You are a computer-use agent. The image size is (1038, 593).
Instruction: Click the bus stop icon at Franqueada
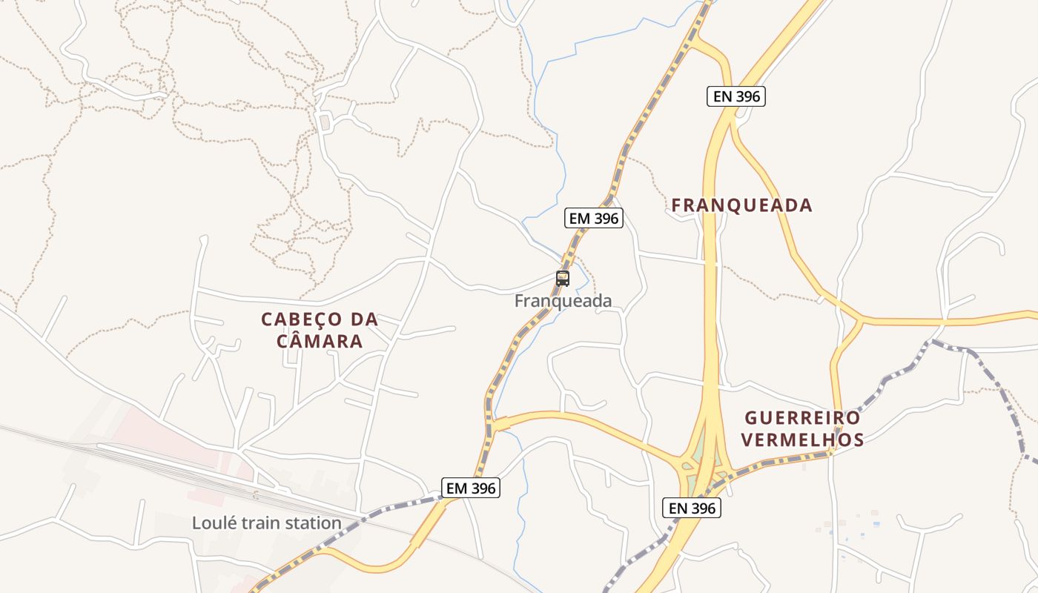(x=563, y=279)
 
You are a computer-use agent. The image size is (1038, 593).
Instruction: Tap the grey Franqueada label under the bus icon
(x=563, y=301)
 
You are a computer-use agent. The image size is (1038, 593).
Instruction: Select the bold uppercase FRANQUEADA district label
(x=742, y=205)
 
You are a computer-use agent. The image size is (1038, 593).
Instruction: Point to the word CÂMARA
(x=320, y=342)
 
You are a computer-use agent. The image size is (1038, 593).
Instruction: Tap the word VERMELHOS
(x=802, y=440)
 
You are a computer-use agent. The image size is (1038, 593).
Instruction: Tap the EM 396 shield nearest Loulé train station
(x=471, y=488)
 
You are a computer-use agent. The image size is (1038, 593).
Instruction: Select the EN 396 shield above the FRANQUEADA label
(x=735, y=96)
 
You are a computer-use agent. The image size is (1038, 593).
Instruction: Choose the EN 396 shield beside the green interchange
(x=692, y=508)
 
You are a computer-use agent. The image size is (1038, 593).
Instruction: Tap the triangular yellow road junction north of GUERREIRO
(x=859, y=321)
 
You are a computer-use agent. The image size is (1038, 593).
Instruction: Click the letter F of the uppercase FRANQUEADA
(x=677, y=205)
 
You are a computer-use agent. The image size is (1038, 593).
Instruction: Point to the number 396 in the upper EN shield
(x=746, y=96)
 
